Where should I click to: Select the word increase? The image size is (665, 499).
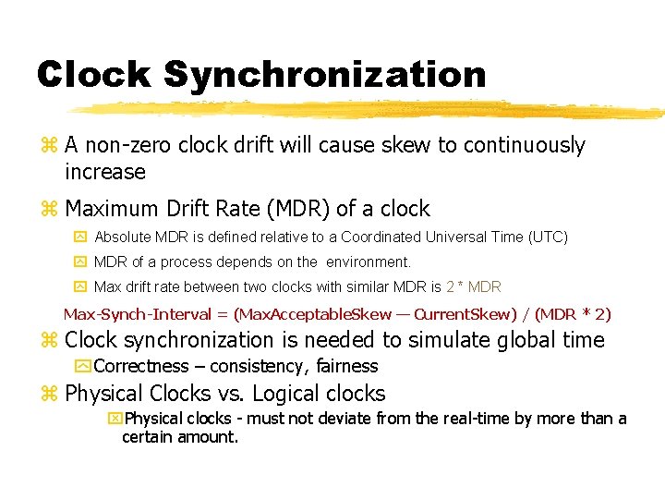[105, 173]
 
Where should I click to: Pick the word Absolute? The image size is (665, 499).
[125, 237]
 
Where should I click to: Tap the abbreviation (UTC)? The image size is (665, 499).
[548, 237]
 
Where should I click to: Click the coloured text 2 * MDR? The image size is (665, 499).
[473, 287]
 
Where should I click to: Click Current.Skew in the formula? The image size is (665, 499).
[453, 314]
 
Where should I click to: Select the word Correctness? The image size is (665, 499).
[141, 367]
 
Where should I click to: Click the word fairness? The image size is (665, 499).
[347, 367]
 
